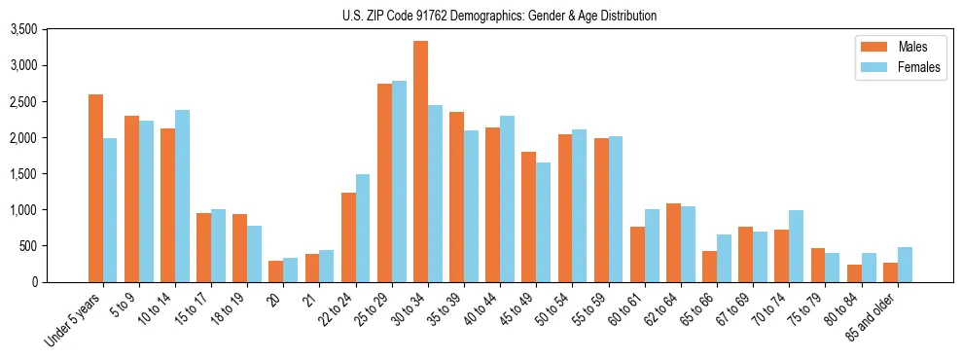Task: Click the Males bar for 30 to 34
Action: click(420, 162)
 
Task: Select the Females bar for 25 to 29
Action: click(399, 181)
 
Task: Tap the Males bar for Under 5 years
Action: click(95, 188)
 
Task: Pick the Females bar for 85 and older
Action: click(905, 265)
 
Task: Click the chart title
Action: click(499, 16)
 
